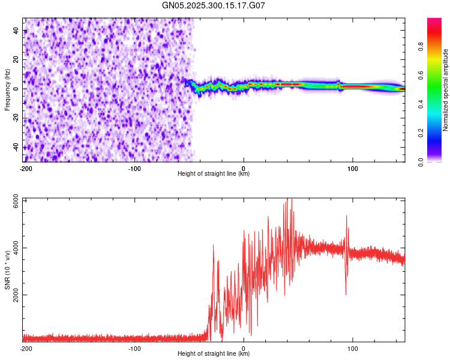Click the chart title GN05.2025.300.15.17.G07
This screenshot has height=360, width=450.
[214, 5]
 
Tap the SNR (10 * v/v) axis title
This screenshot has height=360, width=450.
[7, 270]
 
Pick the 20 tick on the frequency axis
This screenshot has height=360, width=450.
[17, 59]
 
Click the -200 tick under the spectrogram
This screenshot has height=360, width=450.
[25, 168]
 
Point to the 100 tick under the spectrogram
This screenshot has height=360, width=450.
[353, 168]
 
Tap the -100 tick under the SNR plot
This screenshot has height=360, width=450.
[134, 348]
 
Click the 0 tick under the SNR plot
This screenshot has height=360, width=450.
[244, 348]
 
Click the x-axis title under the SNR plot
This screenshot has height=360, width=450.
[214, 354]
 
